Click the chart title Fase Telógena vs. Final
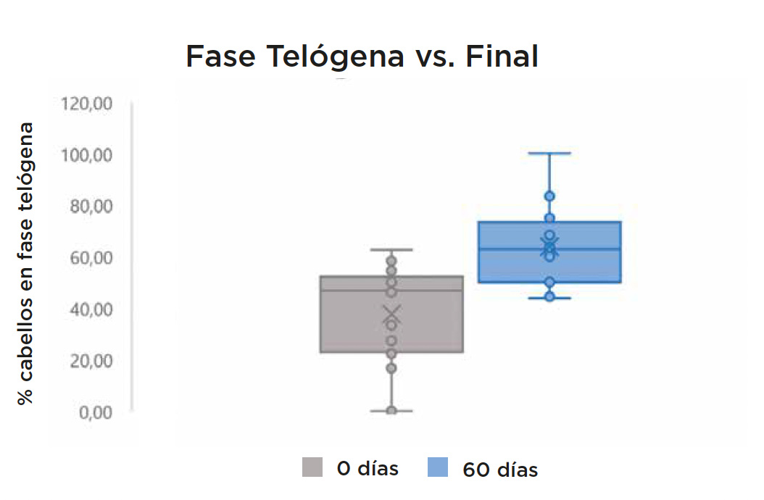tap(362, 56)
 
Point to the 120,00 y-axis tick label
tap(86, 104)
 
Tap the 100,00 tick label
tap(86, 156)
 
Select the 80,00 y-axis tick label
tap(91, 207)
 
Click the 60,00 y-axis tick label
tap(91, 258)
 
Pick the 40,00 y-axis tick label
tap(91, 309)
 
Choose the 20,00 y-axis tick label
tap(91, 361)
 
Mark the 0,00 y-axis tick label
tap(96, 413)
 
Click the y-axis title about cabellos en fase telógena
tap(25, 264)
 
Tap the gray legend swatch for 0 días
tap(312, 467)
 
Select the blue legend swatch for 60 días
tap(438, 467)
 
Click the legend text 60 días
tap(500, 470)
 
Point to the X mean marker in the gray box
tap(391, 314)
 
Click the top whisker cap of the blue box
tap(549, 153)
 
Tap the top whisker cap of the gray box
tap(391, 249)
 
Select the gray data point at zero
tap(391, 410)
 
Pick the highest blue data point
tap(549, 196)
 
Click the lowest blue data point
tap(549, 296)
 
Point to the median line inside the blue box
tap(549, 249)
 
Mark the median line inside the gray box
tap(391, 291)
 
